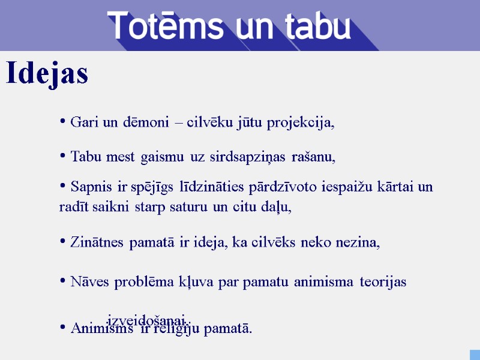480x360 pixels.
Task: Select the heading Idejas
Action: [x=47, y=74]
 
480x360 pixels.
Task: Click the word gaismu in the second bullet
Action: [x=163, y=158]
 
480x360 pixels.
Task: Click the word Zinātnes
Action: [x=98, y=242]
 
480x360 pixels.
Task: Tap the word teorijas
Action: [x=383, y=282]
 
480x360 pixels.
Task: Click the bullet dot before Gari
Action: [x=62, y=122]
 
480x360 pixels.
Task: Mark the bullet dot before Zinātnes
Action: [x=62, y=242]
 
